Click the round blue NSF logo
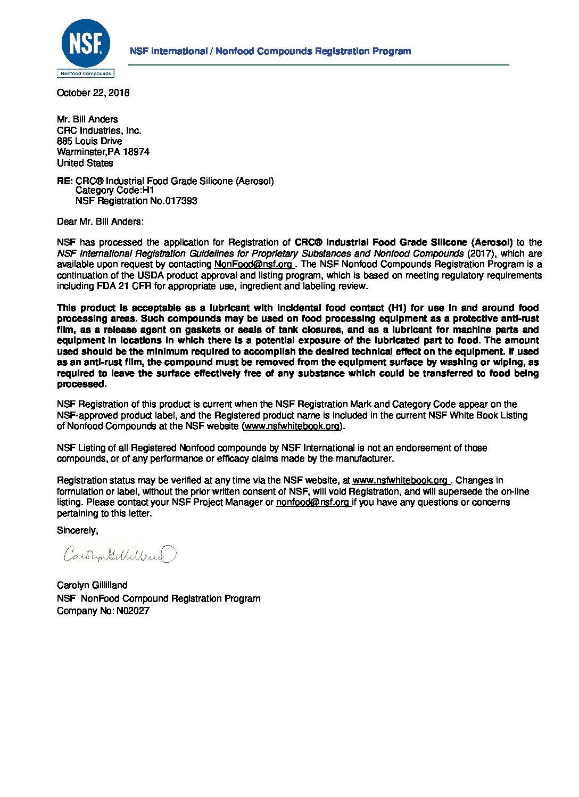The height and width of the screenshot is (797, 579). (86, 43)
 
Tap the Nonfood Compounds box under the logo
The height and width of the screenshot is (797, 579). (86, 73)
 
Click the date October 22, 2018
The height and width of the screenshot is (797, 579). (93, 93)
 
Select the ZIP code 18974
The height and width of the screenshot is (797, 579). (136, 152)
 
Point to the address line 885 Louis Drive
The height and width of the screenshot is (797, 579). (89, 141)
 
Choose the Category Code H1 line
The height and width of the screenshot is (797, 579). (114, 191)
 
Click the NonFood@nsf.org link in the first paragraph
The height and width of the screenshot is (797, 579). (253, 264)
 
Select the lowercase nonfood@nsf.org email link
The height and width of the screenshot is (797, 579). (312, 502)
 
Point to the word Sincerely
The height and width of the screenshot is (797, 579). (77, 530)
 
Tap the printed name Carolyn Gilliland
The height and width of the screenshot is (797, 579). (92, 585)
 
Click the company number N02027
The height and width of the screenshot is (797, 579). (133, 611)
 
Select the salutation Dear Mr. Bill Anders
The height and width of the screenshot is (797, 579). (100, 221)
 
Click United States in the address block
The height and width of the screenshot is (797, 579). (85, 163)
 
